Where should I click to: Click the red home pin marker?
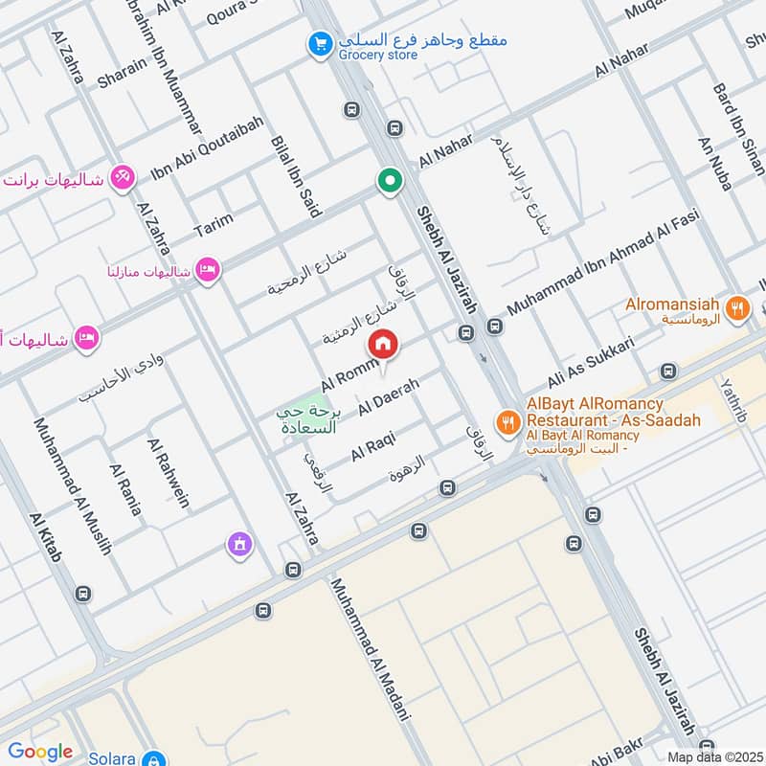pos(383,343)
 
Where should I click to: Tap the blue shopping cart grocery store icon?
pos(320,44)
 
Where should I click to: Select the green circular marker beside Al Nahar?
pos(389,180)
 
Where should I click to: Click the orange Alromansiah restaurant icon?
pos(736,308)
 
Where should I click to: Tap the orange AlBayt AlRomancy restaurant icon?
pos(507,420)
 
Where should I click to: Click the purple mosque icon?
pos(238,545)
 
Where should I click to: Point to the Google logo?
pos(39,752)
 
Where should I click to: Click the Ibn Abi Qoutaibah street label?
pos(199,159)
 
